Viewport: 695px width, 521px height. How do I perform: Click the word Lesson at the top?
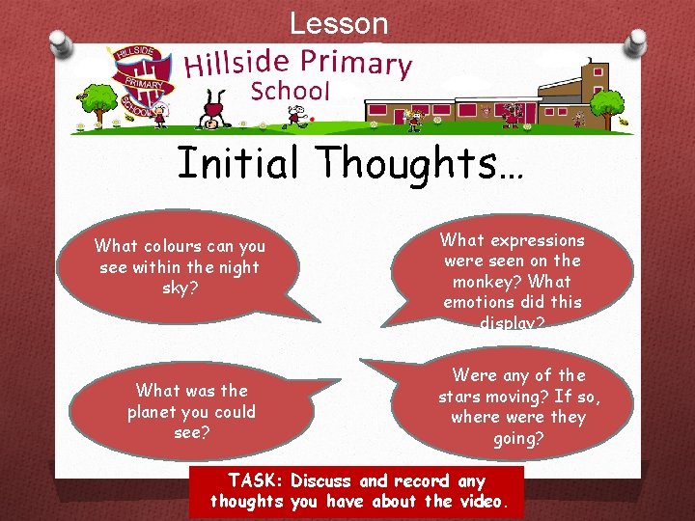[339, 23]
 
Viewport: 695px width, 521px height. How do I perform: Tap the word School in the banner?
[291, 92]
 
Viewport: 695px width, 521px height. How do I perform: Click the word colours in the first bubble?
[169, 247]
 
